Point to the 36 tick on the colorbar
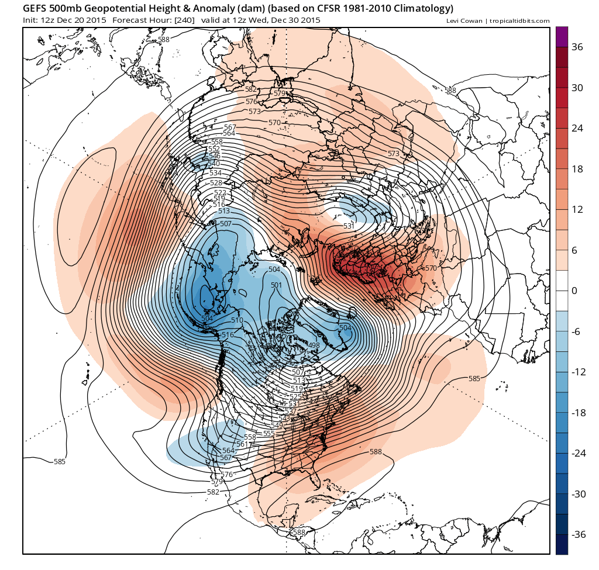tap(577, 47)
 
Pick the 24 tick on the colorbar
tap(577, 129)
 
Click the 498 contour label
tap(314, 346)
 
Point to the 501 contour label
tap(277, 285)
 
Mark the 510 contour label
tap(237, 320)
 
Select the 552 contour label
tap(214, 149)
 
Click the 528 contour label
tap(216, 183)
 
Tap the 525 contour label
tap(295, 396)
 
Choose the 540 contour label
tap(214, 164)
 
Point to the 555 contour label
tap(269, 433)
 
